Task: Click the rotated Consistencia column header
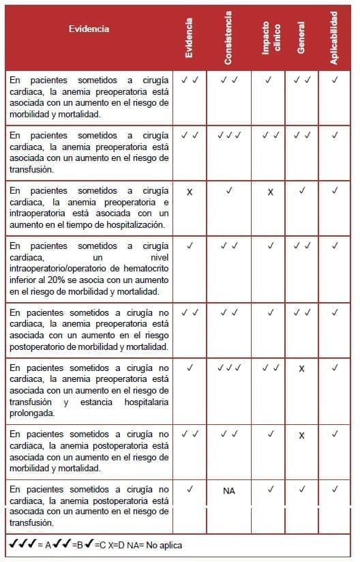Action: pos(228,38)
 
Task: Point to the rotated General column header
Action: pos(301,38)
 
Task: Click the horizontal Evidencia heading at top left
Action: pos(89,29)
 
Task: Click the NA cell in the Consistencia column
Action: pos(228,490)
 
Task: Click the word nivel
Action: pos(157,257)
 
